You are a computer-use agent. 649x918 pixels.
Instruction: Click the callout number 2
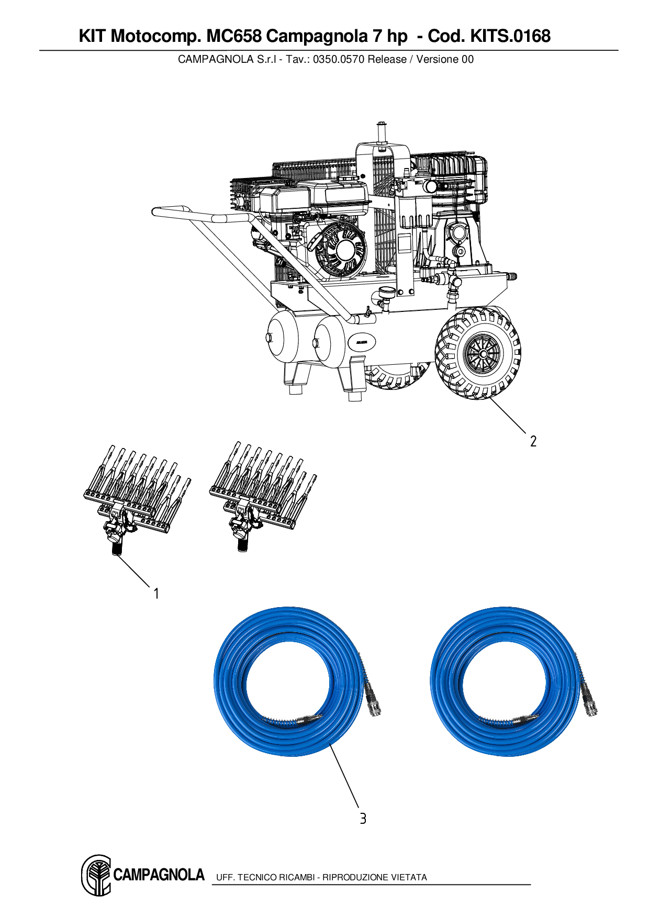tap(533, 441)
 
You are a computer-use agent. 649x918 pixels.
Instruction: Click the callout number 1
tap(156, 594)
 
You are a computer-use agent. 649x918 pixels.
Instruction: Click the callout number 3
tap(363, 818)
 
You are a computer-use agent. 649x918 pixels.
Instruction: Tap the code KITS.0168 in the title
tap(510, 36)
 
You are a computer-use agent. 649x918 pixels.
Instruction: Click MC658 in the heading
tap(233, 36)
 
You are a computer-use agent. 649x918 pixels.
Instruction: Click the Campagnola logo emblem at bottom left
tap(96, 875)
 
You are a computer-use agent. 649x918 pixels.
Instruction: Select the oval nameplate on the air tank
tap(362, 342)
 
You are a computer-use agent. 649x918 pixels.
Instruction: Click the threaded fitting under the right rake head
tap(242, 545)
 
